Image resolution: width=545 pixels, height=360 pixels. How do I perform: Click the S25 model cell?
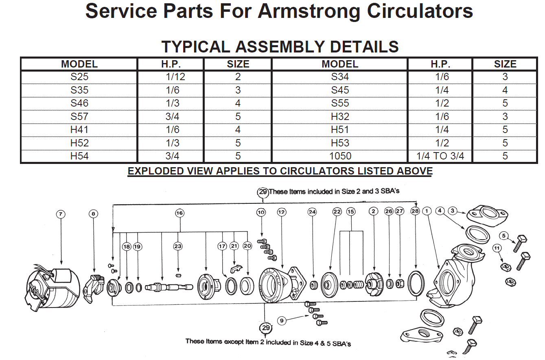pos(79,77)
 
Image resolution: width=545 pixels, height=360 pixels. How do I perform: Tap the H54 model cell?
pos(79,156)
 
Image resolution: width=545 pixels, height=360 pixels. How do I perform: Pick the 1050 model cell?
pos(340,156)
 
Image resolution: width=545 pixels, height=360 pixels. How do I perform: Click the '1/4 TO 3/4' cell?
pos(440,156)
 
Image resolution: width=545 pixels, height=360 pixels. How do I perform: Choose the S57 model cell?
pos(79,117)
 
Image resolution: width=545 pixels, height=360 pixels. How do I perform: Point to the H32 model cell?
pos(340,117)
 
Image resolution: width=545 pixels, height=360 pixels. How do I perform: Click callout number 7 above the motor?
pos(61,214)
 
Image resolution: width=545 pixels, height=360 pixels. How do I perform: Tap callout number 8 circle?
pos(93,214)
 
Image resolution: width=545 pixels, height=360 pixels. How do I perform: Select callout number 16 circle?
pos(179,213)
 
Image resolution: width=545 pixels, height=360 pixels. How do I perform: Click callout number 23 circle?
pos(178,246)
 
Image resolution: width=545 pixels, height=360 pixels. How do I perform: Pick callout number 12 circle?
pos(281,212)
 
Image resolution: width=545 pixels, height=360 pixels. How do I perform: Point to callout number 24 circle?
pos(312,212)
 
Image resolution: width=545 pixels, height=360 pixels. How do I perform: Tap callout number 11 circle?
pos(497,248)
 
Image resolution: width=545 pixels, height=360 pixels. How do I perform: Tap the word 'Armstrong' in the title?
pos(309,11)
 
